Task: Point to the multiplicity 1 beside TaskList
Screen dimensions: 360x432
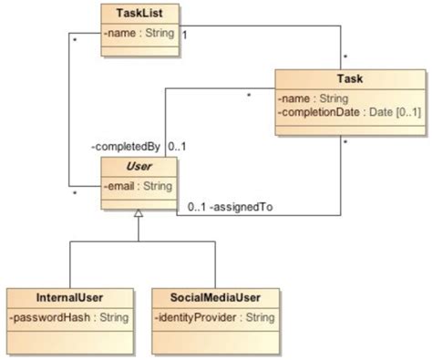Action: pyautogui.click(x=185, y=35)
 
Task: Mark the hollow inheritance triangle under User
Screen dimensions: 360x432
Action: pyautogui.click(x=138, y=213)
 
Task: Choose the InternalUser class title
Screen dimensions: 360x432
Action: pyautogui.click(x=69, y=297)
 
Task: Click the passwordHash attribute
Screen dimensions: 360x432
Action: pyautogui.click(x=69, y=316)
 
